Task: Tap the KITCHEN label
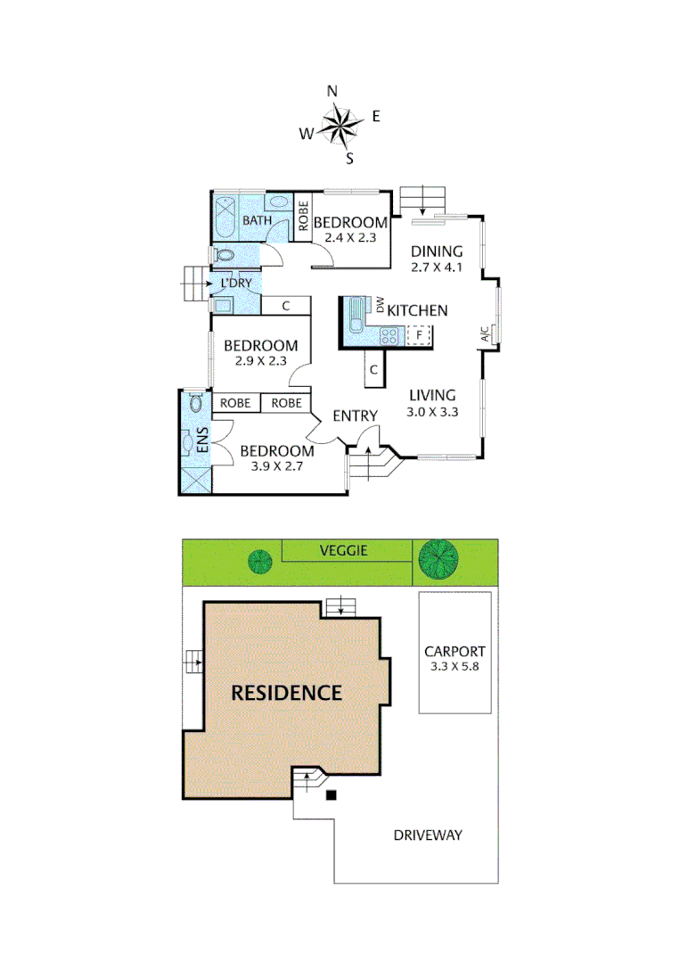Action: click(x=416, y=310)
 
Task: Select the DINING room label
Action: click(x=437, y=251)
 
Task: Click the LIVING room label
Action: click(x=432, y=395)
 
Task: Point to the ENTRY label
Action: click(x=355, y=416)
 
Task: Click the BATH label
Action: click(x=258, y=220)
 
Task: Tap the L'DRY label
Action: click(x=236, y=284)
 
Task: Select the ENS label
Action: click(x=201, y=441)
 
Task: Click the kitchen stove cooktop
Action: click(x=389, y=335)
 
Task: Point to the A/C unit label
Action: click(x=485, y=335)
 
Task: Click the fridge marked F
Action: click(x=419, y=335)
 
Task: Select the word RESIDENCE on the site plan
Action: click(x=286, y=692)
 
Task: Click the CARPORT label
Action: click(x=455, y=651)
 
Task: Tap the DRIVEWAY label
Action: click(x=428, y=835)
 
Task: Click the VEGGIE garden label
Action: click(x=343, y=551)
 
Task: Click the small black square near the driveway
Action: click(x=332, y=795)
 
